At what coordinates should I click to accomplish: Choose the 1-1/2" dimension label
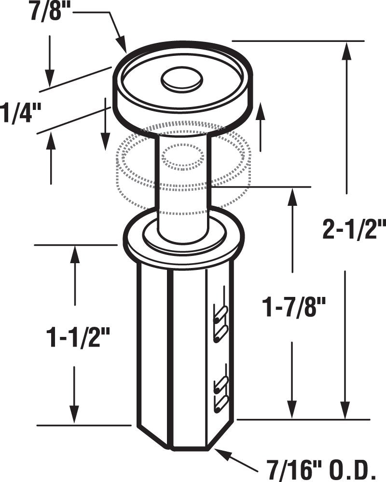coord(74,337)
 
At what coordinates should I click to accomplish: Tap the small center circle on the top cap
coord(181,80)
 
